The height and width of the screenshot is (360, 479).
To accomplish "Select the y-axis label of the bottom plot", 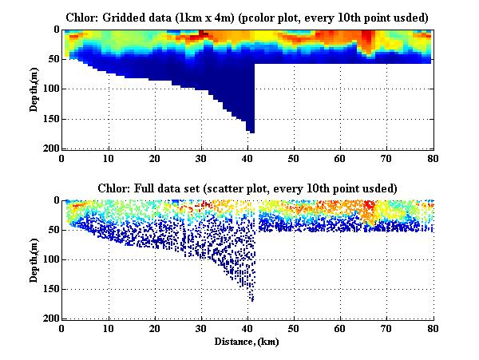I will [x=35, y=259].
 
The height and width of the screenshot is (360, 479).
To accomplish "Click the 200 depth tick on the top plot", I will [x=50, y=148].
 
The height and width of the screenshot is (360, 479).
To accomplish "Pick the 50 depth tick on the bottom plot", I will [x=53, y=230].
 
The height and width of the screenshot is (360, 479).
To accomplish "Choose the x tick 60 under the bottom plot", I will [x=340, y=328].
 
